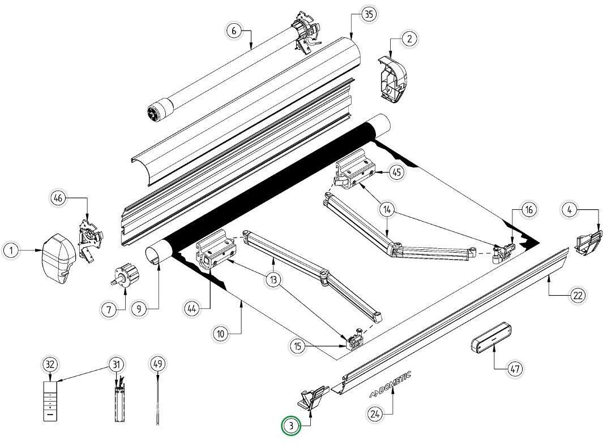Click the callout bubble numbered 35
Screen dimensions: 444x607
[369, 15]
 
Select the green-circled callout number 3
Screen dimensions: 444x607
[291, 426]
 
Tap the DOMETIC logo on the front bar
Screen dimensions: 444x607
[390, 385]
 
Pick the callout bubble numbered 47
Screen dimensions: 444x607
[514, 369]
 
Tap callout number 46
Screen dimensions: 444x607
[58, 198]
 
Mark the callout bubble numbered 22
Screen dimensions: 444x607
[578, 295]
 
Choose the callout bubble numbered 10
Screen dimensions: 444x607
[221, 334]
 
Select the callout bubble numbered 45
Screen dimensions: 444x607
[397, 172]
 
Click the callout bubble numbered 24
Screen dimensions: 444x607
[374, 414]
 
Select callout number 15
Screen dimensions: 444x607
[300, 346]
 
